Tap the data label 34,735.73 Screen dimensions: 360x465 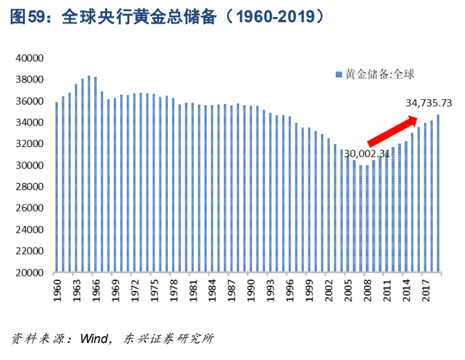click(x=429, y=103)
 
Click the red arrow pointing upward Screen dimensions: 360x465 click(x=392, y=130)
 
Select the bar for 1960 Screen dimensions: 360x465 click(x=57, y=188)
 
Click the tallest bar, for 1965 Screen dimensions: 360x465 click(x=89, y=174)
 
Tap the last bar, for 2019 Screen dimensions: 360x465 click(x=438, y=193)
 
